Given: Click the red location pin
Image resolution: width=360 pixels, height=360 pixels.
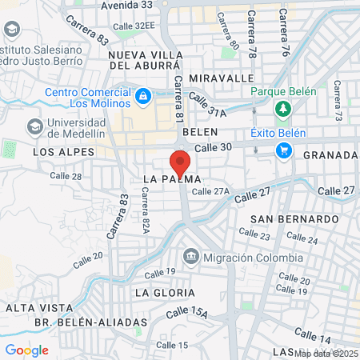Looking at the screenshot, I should (180, 163).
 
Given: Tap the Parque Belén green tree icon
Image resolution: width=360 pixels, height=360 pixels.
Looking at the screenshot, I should (282, 108).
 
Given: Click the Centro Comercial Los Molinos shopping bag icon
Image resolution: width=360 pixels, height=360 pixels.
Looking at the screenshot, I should (142, 97).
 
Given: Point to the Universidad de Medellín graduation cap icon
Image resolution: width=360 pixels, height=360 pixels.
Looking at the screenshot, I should (34, 126).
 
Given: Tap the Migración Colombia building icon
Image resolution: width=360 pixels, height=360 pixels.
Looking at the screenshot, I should (191, 257).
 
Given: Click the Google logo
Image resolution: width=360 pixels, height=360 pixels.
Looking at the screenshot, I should (26, 350).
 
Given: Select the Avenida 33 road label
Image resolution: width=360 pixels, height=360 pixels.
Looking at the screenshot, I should (126, 5).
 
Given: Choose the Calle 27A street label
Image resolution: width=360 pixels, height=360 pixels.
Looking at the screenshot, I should (210, 191).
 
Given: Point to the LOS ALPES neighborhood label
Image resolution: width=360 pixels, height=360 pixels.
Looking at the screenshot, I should (63, 151).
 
